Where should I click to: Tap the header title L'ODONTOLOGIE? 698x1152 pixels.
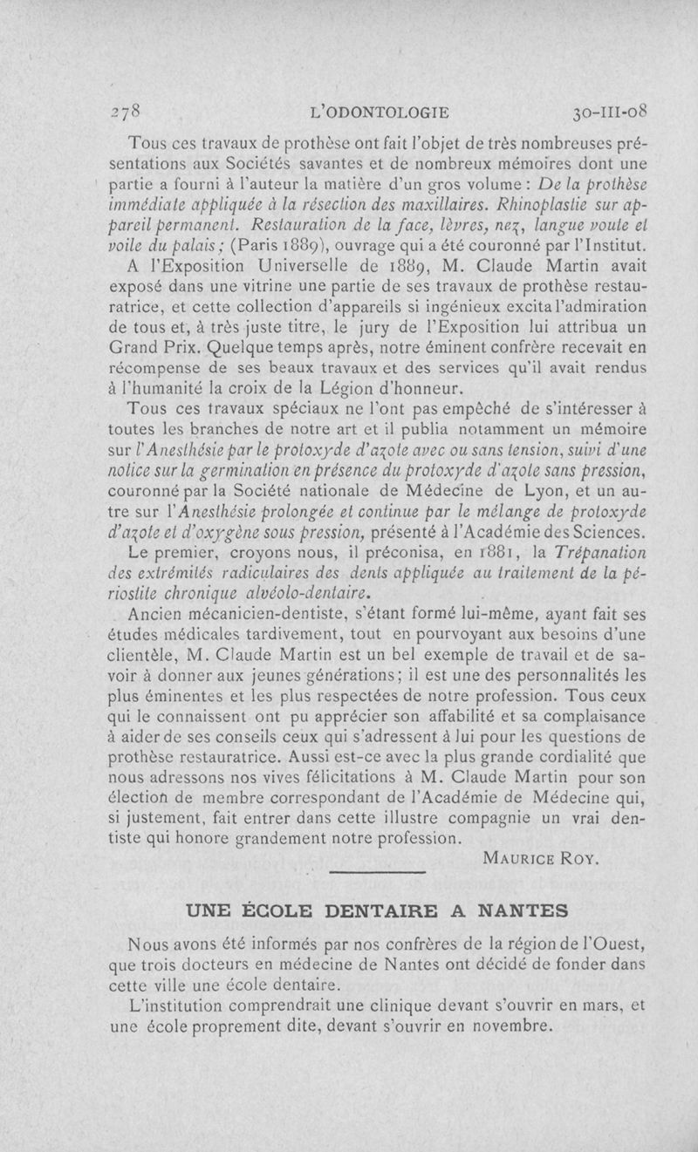click(x=385, y=112)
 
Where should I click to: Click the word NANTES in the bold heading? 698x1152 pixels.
click(x=519, y=910)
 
